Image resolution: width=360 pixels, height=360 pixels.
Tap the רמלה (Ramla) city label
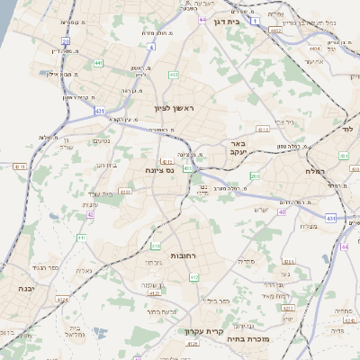(x=314, y=170)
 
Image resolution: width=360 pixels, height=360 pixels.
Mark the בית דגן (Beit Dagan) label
(x=233, y=20)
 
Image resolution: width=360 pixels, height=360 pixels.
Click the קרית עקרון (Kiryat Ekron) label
(x=203, y=331)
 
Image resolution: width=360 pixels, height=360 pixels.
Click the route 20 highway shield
(x=66, y=40)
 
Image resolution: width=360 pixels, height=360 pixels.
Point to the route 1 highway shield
(x=256, y=19)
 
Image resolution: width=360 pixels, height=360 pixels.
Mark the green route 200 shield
(x=254, y=175)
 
